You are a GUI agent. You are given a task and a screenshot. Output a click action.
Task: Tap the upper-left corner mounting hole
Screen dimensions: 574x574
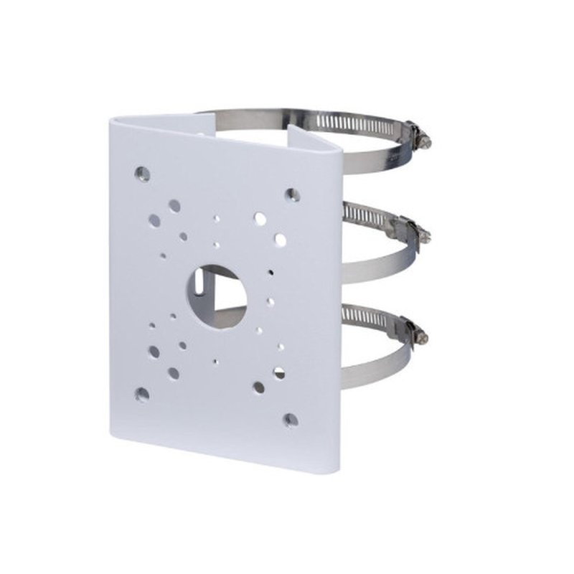point(143,173)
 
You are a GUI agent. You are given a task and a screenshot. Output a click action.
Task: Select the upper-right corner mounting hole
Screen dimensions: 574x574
point(292,194)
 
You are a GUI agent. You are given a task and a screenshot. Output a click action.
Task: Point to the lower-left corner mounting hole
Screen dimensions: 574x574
point(142,393)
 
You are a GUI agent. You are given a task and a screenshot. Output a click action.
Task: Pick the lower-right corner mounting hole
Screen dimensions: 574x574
point(290,419)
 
